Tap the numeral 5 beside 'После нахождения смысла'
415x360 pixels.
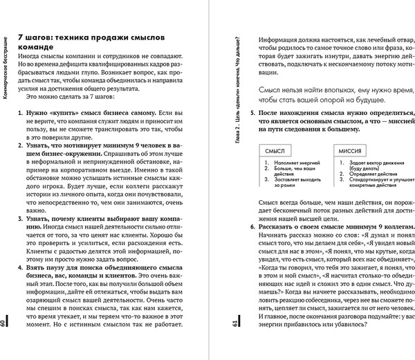(x=252, y=112)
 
